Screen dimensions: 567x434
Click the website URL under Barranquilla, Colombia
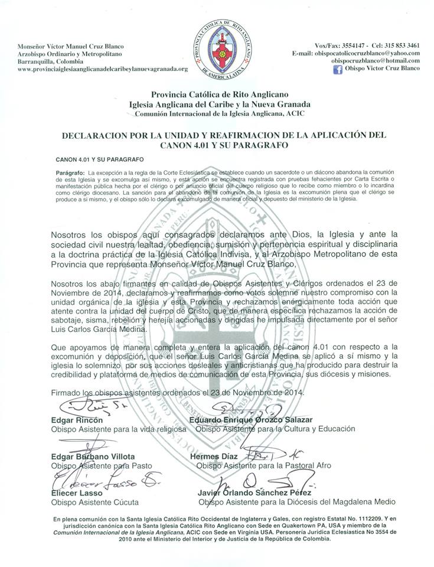click(x=103, y=69)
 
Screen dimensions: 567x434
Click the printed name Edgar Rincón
click(x=77, y=420)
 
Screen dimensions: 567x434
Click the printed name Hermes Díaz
click(x=213, y=457)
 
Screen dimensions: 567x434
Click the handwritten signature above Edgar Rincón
click(x=89, y=407)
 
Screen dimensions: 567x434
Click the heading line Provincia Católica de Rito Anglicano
click(x=217, y=93)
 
